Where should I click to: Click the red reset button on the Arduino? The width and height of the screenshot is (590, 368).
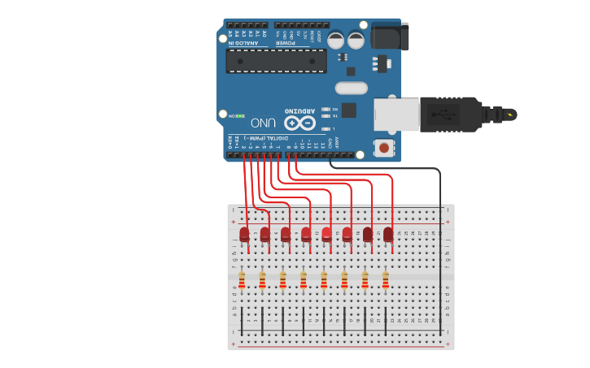(x=383, y=148)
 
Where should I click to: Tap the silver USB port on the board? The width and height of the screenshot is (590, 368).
(x=396, y=114)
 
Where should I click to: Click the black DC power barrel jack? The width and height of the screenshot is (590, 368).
(x=389, y=37)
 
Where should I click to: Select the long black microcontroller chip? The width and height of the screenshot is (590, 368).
(x=276, y=60)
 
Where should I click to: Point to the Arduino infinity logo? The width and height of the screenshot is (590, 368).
(x=299, y=123)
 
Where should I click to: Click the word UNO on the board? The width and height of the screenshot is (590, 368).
(x=264, y=123)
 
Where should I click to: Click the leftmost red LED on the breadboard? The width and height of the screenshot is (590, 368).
(x=244, y=234)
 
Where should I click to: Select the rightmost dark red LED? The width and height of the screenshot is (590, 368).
(x=388, y=234)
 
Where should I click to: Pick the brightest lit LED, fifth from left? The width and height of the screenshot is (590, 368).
(x=326, y=234)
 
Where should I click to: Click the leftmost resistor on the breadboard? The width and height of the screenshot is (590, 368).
(x=242, y=280)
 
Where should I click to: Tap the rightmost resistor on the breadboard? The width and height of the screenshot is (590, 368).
(x=385, y=280)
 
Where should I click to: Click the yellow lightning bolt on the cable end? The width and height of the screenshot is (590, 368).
(x=510, y=114)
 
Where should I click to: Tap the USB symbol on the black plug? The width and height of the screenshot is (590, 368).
(x=447, y=114)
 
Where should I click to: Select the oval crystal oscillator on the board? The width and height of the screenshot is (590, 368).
(x=351, y=87)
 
